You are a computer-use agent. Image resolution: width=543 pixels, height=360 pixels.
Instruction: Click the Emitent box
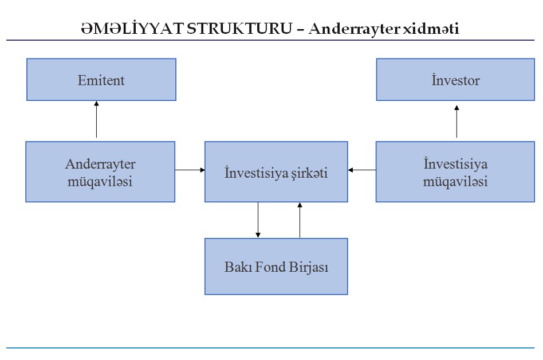101,79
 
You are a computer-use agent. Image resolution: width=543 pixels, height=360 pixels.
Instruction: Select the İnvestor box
455,79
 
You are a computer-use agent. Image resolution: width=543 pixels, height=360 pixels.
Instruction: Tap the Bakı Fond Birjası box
276,266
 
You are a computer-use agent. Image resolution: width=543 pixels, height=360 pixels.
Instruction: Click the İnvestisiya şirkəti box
276,171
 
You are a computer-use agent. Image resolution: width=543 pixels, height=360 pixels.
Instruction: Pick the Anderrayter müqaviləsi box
100,171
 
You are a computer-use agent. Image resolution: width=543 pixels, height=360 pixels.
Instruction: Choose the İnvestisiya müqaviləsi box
455,171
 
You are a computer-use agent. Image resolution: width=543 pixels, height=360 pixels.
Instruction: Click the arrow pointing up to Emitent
96,120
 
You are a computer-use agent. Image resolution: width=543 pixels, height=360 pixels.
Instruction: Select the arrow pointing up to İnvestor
457,122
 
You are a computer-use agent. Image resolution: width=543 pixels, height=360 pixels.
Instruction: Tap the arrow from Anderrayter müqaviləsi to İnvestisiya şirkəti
190,170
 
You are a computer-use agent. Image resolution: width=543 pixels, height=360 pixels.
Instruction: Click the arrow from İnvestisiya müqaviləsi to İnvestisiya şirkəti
362,170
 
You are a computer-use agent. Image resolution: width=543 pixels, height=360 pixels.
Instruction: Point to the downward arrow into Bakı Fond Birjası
258,220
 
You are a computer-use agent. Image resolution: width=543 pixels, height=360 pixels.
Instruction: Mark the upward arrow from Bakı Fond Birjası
300,220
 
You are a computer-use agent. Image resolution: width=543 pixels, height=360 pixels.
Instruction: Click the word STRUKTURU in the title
239,29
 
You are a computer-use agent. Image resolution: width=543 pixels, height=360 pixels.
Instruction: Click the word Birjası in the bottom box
308,267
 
